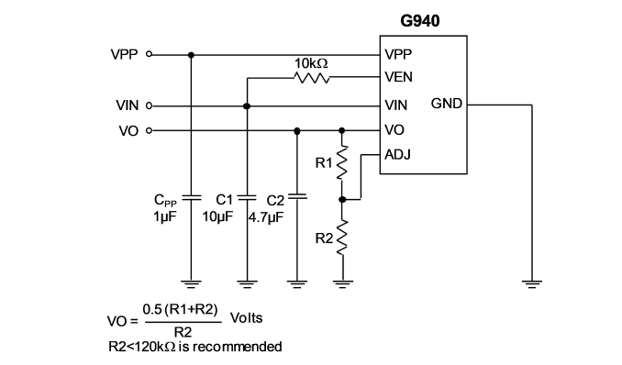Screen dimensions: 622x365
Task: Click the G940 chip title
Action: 419,20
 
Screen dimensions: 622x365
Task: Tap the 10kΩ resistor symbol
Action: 312,78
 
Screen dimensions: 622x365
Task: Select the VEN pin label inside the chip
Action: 399,77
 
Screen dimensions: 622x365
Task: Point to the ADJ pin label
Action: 397,154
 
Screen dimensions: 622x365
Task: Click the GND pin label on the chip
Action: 446,104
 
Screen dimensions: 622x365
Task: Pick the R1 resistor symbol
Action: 341,162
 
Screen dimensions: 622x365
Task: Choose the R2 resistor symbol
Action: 341,238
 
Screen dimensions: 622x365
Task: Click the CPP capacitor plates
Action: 191,197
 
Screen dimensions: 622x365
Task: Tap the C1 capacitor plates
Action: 247,197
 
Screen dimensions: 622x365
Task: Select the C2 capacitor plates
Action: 297,196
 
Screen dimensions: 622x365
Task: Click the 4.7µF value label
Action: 266,217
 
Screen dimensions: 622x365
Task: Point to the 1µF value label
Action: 165,216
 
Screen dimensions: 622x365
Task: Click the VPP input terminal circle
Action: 150,54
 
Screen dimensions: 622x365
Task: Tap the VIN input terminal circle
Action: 150,106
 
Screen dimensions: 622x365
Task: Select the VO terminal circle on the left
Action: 150,130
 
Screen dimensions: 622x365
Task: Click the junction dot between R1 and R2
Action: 342,200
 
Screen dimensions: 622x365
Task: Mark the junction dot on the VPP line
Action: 191,55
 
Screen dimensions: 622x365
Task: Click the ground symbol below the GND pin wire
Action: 531,284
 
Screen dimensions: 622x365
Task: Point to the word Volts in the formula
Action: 247,318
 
